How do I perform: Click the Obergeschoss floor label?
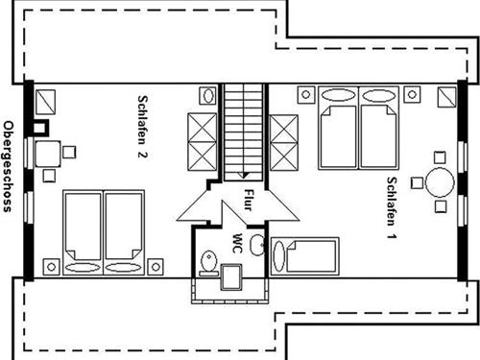(x=8, y=166)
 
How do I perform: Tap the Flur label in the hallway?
(x=249, y=200)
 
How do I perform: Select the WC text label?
(x=237, y=244)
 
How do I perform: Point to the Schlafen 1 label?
(x=392, y=208)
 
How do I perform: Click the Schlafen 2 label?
(x=142, y=127)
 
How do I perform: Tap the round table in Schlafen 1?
(x=440, y=182)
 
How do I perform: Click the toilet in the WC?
(x=209, y=263)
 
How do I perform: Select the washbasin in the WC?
(x=257, y=245)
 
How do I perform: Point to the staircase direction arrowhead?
(x=244, y=176)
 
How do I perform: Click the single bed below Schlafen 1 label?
(x=304, y=256)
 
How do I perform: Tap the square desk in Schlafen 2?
(x=48, y=154)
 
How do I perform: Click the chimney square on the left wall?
(x=41, y=128)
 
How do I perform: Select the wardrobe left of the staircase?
(x=203, y=141)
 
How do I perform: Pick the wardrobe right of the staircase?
(x=284, y=143)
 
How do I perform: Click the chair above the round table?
(x=440, y=157)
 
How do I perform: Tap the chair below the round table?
(x=441, y=206)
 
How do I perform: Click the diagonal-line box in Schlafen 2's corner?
(x=45, y=102)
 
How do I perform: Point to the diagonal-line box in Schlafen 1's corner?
(x=446, y=97)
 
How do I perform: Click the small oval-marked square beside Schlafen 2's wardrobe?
(x=208, y=95)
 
